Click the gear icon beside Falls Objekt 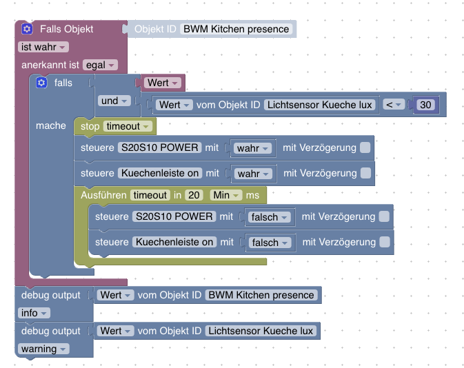pos(27,29)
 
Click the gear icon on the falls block pos(41,83)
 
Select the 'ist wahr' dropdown pos(43,47)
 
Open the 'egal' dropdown pos(100,65)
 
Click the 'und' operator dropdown pos(114,101)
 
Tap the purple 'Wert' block pos(163,83)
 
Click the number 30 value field pos(425,105)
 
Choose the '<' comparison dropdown pos(393,105)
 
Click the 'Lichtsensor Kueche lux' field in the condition pos(319,105)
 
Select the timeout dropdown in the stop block pos(128,126)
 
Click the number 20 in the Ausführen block pos(194,195)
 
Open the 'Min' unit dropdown pos(226,195)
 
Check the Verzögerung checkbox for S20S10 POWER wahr pos(365,147)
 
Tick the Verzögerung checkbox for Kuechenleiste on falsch pos(384,242)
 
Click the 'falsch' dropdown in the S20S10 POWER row pos(269,217)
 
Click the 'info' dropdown pos(34,313)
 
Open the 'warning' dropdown pos(43,349)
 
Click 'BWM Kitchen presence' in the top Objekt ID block pos(236,29)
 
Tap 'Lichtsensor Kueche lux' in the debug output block pos(260,331)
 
